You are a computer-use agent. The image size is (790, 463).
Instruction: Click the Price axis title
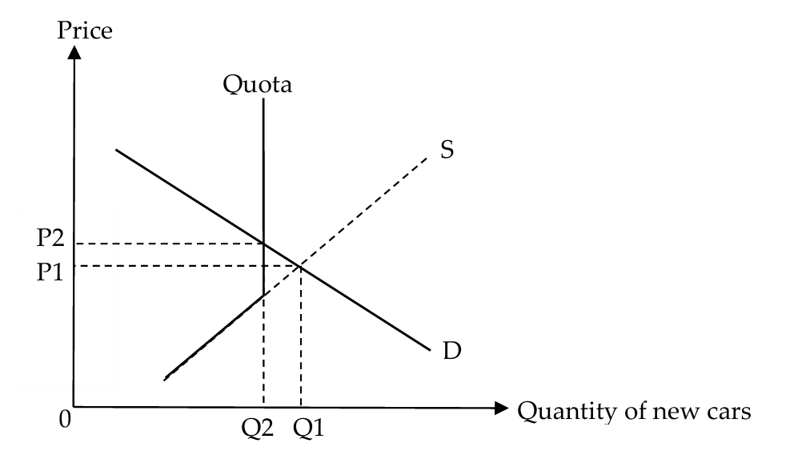85,30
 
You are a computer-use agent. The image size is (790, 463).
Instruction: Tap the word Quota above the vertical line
258,84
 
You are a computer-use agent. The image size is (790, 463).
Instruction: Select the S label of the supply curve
447,149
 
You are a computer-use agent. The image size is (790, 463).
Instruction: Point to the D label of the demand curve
452,350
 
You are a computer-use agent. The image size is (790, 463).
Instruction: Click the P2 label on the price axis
50,238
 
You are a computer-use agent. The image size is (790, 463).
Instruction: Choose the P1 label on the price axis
50,272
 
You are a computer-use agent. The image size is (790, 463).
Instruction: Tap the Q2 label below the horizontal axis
257,429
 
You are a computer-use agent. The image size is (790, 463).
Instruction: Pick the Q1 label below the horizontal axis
309,429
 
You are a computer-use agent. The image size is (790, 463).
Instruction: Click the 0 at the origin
65,419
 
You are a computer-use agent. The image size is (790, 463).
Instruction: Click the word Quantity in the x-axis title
567,412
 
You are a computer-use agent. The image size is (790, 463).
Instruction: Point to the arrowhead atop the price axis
74,52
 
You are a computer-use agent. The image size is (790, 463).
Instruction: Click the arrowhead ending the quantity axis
501,408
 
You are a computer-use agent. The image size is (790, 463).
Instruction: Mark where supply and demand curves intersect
300,266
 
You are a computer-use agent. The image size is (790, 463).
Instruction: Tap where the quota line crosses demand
263,244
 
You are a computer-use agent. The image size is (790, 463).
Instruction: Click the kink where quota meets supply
263,295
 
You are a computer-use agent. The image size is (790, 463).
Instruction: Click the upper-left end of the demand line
116,150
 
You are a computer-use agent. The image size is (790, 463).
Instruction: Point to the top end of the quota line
263,99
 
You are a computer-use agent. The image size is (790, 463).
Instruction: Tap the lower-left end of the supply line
165,380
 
